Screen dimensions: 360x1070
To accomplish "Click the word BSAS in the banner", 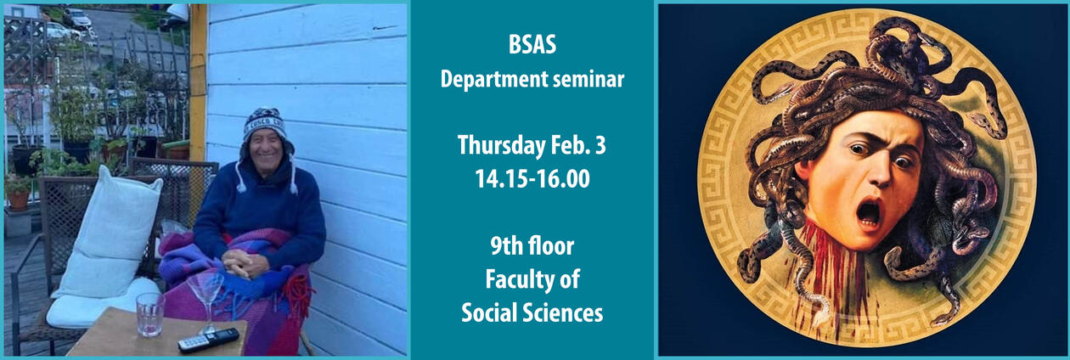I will click(x=532, y=46).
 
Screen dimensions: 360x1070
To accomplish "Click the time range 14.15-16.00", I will click(x=532, y=180).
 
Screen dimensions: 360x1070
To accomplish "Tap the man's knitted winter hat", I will click(x=265, y=126).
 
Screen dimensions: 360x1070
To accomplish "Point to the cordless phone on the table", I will click(x=208, y=340).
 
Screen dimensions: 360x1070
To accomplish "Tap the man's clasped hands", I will click(x=246, y=264).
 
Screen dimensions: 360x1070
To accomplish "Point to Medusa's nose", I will click(x=874, y=177).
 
